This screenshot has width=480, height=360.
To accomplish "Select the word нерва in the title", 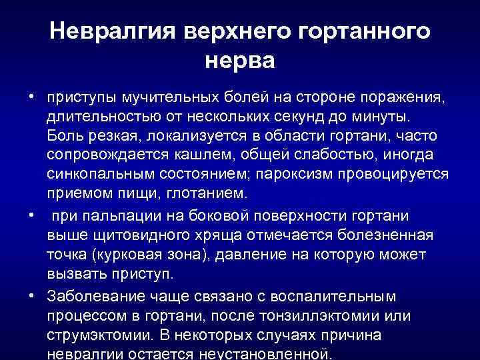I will [x=241, y=61].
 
